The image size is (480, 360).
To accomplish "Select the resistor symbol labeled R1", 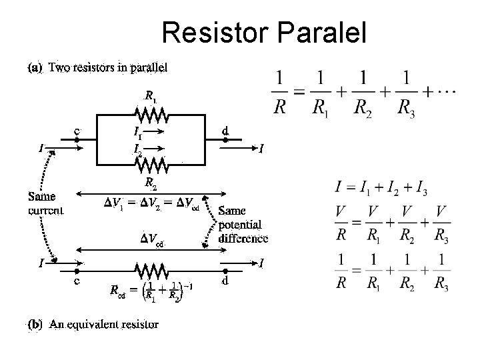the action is coord(151,115).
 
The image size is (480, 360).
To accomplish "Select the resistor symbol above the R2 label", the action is coord(151,165).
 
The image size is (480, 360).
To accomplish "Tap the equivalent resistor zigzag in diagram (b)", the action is coord(151,271).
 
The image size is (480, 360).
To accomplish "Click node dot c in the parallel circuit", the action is coord(77,140).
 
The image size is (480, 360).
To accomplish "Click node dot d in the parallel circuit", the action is coord(225,140).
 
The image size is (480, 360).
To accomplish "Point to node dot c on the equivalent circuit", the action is coord(77,271).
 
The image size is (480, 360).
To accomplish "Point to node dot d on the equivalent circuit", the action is coord(225,271).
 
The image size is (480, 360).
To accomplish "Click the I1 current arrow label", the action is coord(149,132).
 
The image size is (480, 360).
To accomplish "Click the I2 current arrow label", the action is coord(149,150).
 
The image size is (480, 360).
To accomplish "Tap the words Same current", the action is coord(46,203).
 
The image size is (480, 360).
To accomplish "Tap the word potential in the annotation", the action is coord(240,225).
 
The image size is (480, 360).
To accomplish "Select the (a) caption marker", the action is coord(35,67).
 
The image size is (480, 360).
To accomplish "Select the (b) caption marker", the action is coord(35,324).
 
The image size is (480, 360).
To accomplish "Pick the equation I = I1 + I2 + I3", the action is coord(381,187).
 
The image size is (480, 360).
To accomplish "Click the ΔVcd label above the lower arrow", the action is coord(152,239).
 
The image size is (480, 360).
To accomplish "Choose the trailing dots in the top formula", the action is coord(447,91).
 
